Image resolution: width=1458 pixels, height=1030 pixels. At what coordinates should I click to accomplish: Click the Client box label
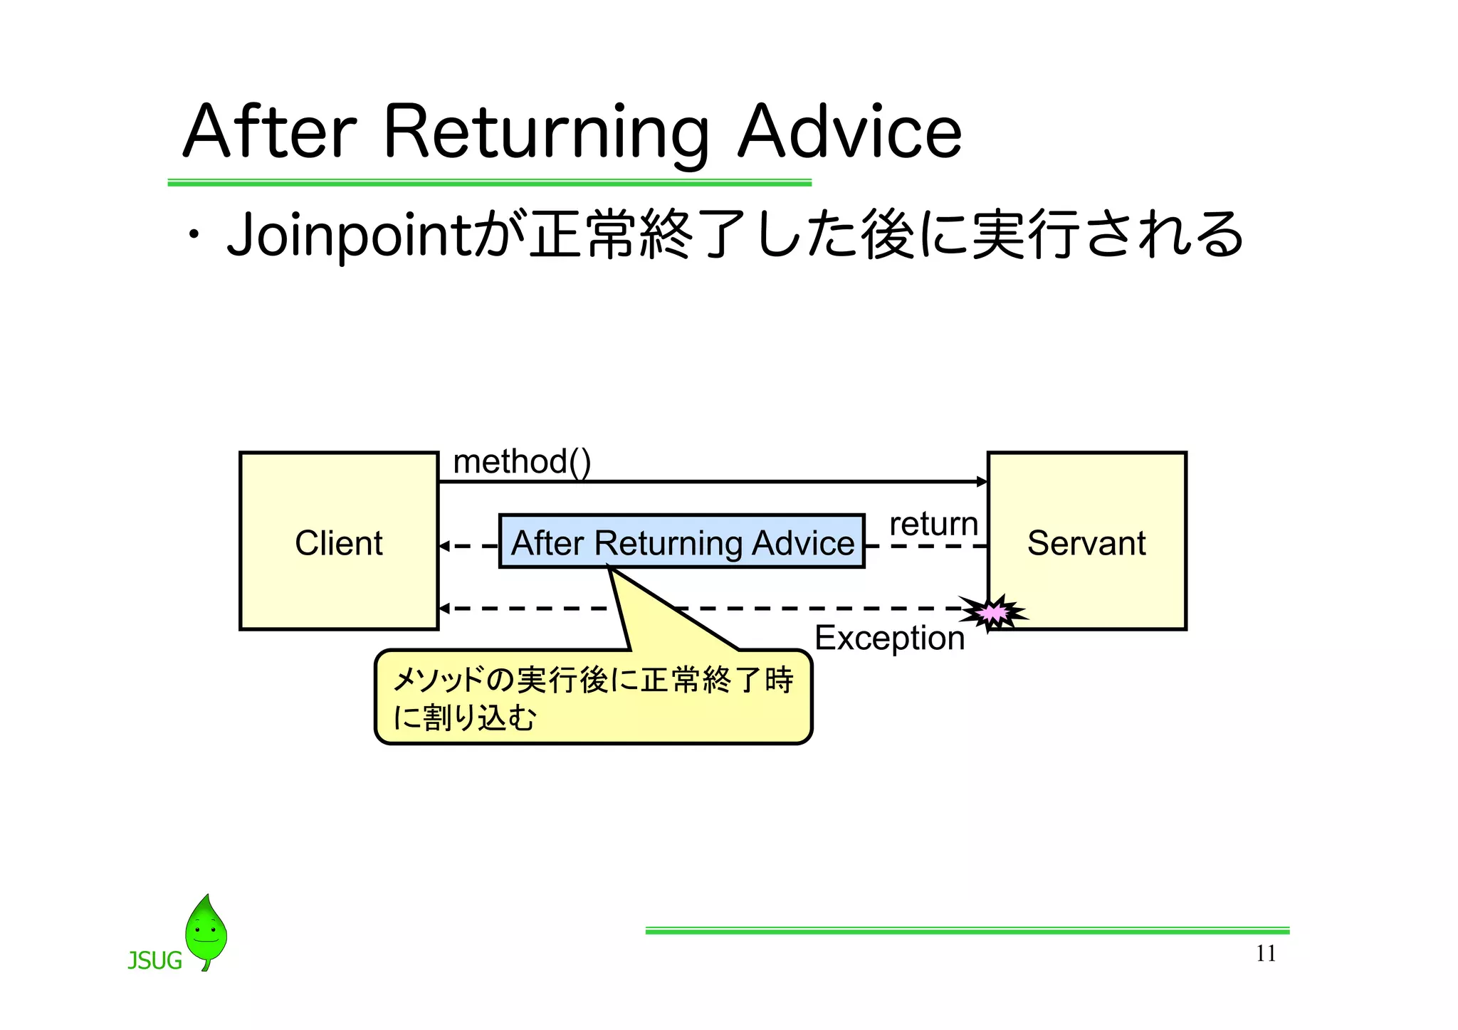tap(339, 543)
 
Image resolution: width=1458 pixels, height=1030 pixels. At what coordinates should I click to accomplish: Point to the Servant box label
tap(1086, 543)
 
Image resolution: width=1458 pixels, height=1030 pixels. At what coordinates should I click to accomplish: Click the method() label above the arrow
tap(522, 462)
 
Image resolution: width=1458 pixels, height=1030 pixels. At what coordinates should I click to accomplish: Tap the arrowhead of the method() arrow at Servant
tap(982, 482)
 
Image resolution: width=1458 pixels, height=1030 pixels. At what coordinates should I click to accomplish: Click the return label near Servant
tap(933, 525)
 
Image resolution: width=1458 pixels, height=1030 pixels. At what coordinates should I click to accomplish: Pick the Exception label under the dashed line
tap(889, 638)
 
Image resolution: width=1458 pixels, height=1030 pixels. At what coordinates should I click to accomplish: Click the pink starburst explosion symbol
tap(993, 612)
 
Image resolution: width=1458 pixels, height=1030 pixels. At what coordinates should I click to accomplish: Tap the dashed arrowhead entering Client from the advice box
tap(444, 546)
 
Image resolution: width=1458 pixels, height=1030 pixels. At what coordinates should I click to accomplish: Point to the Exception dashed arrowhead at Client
tap(444, 608)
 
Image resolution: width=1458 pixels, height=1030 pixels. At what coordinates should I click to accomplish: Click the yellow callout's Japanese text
tap(592, 698)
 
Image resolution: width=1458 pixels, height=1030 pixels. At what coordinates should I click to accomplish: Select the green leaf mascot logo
tap(206, 931)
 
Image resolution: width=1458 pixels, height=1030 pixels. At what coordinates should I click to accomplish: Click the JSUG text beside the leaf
tap(154, 961)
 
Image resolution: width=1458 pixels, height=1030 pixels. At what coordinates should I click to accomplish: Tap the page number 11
tap(1266, 953)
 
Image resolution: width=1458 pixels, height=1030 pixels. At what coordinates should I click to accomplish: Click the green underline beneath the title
tap(489, 183)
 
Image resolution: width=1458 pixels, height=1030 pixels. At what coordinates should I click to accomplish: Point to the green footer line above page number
tap(967, 930)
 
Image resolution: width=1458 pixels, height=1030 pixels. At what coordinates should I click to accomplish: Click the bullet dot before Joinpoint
tap(193, 236)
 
